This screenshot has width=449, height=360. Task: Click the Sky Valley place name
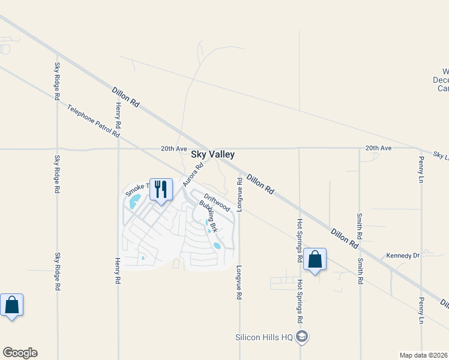coord(212,154)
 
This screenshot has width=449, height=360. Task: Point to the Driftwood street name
coord(217,202)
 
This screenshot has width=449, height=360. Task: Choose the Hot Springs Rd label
coord(299,241)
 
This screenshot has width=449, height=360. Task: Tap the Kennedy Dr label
coord(402,256)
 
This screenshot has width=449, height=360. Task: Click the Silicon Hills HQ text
coord(264,337)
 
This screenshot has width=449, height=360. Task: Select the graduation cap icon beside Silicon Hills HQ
coord(303,337)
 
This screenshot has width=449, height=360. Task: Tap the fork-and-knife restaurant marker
coord(161,189)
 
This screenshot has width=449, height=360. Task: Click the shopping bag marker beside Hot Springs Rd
coord(315,259)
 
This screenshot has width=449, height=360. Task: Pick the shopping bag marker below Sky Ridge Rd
coord(11,305)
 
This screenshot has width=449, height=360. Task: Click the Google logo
coord(20,353)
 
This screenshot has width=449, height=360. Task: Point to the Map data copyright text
coord(423,355)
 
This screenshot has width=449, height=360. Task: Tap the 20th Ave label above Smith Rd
coord(378,148)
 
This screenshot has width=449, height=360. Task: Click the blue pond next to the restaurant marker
coord(136,199)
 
